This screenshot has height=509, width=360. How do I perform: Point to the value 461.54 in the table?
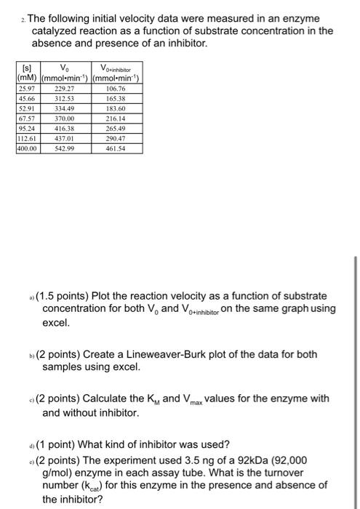pyautogui.click(x=116, y=148)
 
